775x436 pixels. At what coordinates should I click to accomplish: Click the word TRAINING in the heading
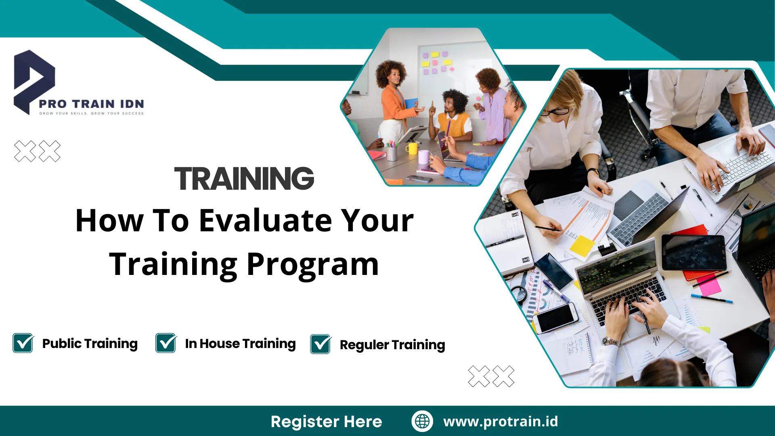click(x=244, y=178)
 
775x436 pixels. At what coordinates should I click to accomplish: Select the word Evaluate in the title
click(x=265, y=221)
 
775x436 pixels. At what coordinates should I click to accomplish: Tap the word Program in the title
click(x=312, y=264)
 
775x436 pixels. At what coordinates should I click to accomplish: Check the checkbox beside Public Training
click(x=23, y=343)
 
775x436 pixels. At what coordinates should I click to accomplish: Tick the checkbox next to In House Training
click(x=165, y=343)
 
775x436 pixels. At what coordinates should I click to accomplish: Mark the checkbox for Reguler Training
click(x=320, y=344)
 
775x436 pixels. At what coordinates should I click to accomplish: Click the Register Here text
click(x=326, y=421)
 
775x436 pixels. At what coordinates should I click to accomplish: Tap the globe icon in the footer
click(x=422, y=421)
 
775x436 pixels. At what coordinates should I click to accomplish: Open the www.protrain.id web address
click(x=501, y=421)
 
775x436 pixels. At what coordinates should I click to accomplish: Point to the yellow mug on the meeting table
click(x=412, y=149)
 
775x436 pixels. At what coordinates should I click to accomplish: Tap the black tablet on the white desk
click(x=693, y=252)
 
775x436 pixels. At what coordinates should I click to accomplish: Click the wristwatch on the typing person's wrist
click(x=610, y=342)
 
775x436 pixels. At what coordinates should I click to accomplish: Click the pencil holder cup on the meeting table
click(x=392, y=153)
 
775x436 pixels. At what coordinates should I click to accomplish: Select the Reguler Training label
click(x=392, y=345)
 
